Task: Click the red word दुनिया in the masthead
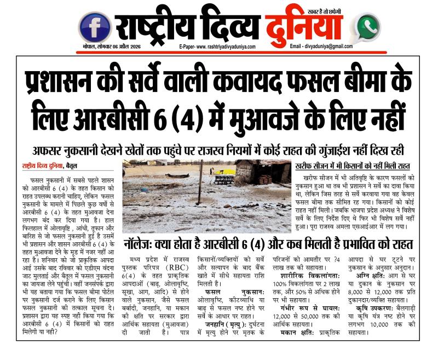(304, 26)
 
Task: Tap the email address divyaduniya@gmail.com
(329, 47)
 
